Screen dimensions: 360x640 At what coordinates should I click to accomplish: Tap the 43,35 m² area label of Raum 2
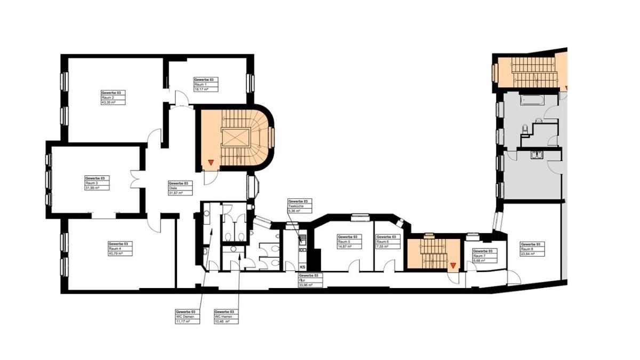109,102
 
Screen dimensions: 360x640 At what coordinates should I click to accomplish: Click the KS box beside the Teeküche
302,267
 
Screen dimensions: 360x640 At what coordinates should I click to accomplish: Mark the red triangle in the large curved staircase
211,162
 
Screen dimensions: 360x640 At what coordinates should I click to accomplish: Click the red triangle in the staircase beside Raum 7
453,265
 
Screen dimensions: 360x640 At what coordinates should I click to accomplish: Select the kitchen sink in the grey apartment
536,155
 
